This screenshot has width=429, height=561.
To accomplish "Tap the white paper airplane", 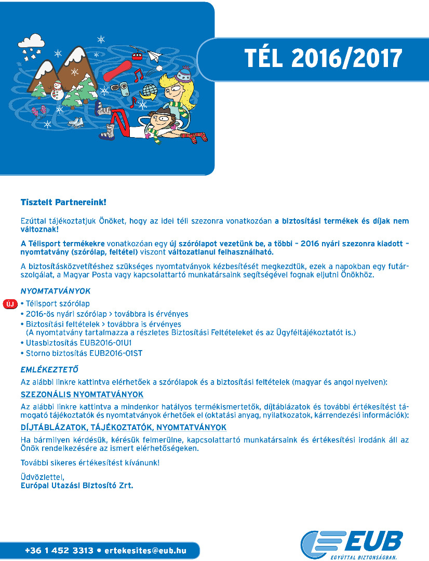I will click(154, 55).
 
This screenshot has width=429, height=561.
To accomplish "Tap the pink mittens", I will click(38, 111).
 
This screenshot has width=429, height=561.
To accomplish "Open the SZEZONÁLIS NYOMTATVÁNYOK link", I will click(82, 394).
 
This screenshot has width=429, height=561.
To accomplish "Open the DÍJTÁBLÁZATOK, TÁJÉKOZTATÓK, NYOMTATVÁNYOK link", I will click(124, 427).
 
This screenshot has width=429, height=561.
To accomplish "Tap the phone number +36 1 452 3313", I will click(59, 550).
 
